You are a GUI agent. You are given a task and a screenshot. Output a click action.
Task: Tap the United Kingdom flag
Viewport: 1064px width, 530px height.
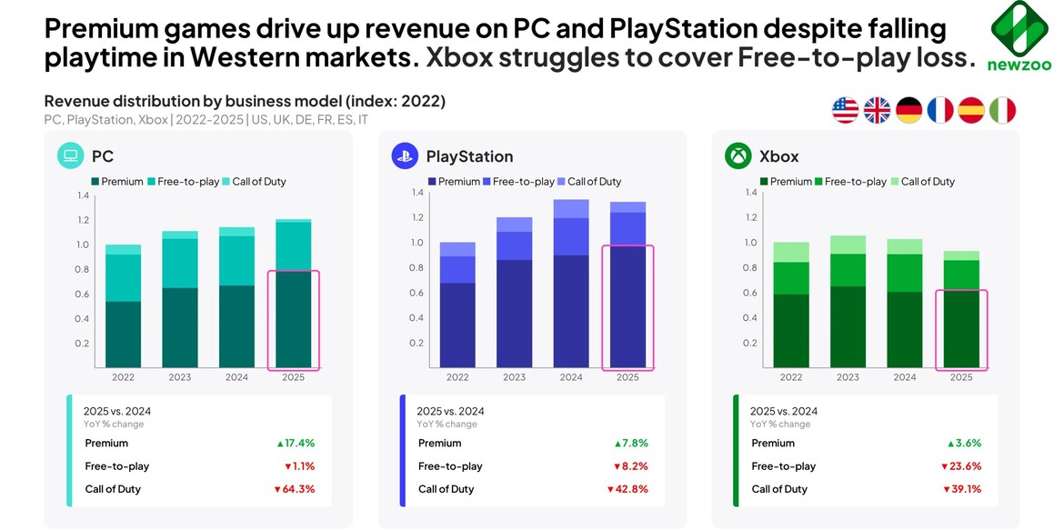pos(877,111)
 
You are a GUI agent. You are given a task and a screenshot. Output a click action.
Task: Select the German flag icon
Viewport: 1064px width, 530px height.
pos(908,111)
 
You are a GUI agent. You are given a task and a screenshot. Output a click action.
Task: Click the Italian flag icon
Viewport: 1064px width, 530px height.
pos(1002,111)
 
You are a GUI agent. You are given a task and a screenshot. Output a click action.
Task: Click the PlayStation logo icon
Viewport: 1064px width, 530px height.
pos(405,156)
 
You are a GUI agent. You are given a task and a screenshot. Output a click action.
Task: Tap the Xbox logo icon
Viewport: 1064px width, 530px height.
pos(738,156)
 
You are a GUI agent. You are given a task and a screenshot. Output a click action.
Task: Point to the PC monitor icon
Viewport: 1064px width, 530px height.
pos(72,156)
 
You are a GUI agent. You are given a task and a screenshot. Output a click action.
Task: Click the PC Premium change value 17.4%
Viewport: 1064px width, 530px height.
pos(296,444)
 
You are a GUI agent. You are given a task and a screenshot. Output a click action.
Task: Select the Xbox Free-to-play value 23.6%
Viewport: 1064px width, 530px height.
pos(961,466)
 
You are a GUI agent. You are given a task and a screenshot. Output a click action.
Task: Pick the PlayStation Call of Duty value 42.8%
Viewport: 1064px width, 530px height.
pos(627,489)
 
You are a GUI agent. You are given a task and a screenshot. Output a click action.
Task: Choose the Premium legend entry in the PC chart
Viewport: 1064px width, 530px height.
pos(115,182)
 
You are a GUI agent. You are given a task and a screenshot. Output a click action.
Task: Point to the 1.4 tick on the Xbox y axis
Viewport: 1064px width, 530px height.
pos(749,193)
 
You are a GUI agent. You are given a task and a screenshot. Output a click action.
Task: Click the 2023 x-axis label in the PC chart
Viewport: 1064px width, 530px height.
pos(180,377)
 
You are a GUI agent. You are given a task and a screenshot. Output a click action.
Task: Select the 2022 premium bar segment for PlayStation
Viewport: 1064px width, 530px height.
pos(457,325)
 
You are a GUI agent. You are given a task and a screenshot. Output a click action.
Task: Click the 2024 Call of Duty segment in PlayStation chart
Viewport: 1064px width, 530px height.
pos(571,209)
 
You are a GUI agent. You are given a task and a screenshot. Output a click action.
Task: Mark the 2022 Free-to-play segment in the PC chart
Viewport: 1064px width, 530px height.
pos(124,278)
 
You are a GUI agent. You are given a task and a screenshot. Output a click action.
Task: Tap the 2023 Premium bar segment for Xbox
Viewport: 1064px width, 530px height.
pos(848,326)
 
